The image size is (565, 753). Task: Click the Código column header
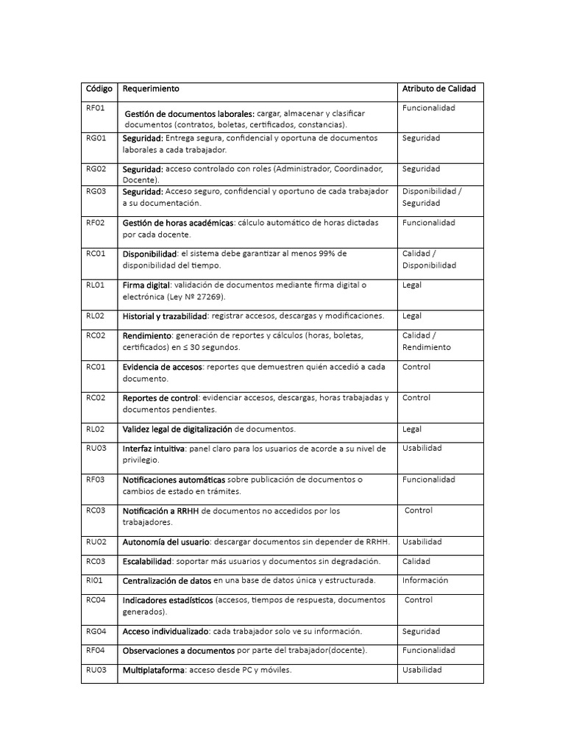coord(99,89)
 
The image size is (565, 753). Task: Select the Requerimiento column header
coord(151,89)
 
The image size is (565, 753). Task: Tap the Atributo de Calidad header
coord(438,89)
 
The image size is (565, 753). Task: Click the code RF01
coord(96,108)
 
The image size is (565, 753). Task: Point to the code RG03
coord(96,191)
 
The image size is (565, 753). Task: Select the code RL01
coord(96,285)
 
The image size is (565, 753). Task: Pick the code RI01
coord(95,580)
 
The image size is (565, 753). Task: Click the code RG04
coord(96,631)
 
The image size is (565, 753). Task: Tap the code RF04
coord(96,650)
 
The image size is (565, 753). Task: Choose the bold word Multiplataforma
coord(154,670)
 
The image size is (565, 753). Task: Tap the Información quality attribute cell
coord(424,580)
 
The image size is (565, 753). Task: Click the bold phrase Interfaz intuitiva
coord(154,448)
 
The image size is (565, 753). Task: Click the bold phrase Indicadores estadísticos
coord(167,600)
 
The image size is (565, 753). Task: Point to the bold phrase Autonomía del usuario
coord(166,542)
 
